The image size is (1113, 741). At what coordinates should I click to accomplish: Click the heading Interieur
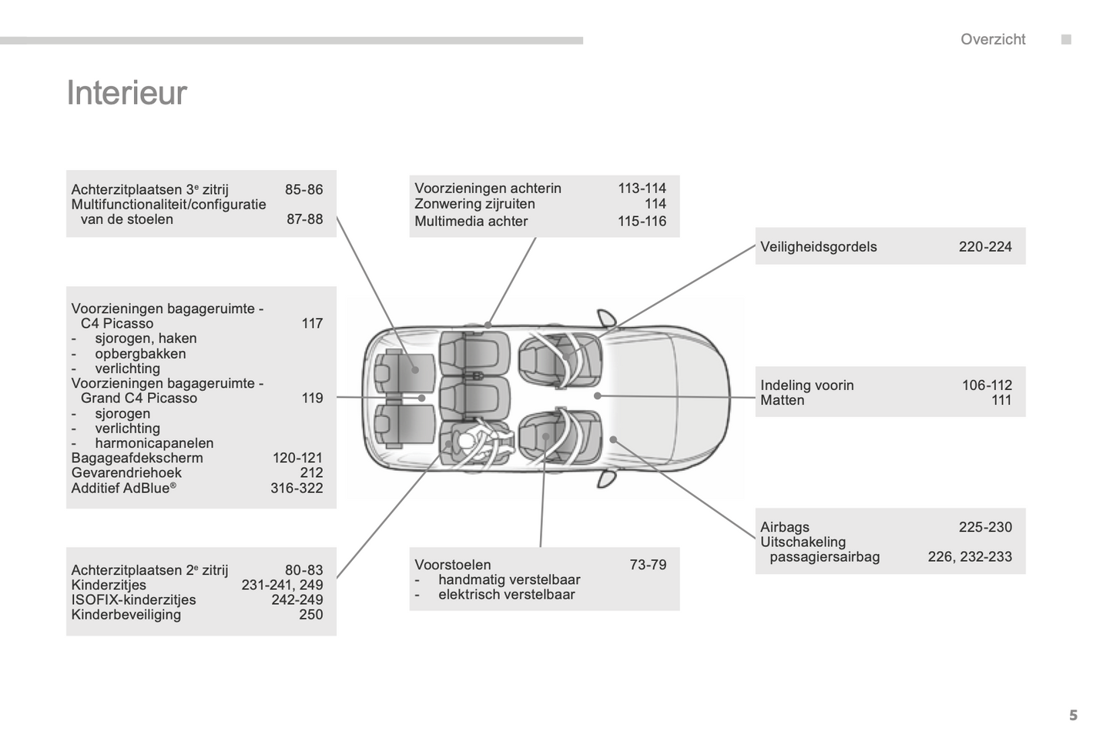click(127, 92)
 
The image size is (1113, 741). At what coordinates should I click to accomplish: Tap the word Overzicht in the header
click(992, 39)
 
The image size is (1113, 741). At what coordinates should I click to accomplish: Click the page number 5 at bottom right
click(1073, 716)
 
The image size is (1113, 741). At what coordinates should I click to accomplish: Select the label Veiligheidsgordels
click(818, 247)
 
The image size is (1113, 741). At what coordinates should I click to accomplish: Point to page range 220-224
click(984, 247)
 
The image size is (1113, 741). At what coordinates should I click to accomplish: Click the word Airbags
click(784, 527)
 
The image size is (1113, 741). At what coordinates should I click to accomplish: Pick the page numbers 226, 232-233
click(969, 557)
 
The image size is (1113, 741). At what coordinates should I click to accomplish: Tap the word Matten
click(782, 400)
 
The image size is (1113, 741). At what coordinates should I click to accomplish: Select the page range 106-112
click(986, 386)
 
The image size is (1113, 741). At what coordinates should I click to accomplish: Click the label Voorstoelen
click(452, 565)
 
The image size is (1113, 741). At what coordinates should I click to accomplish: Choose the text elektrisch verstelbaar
click(506, 595)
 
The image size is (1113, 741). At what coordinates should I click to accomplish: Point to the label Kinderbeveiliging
click(126, 615)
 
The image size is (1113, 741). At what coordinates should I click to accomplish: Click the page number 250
click(310, 615)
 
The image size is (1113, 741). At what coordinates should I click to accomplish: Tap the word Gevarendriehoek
click(126, 473)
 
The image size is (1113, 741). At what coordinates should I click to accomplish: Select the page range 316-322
click(296, 489)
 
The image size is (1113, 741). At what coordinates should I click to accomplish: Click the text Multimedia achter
click(471, 222)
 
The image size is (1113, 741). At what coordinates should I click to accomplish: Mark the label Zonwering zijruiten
click(474, 204)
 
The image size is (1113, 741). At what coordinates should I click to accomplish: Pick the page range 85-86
click(303, 190)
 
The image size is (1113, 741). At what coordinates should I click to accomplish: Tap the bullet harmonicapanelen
click(153, 443)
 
